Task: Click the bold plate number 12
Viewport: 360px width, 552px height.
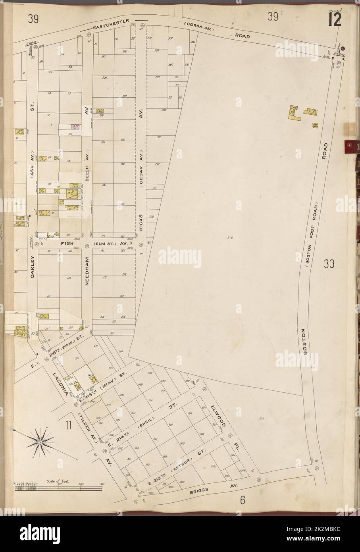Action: [334, 19]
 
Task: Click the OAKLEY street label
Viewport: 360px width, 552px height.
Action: [33, 258]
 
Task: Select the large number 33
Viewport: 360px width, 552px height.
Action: [328, 264]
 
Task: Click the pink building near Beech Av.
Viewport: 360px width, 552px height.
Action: [74, 127]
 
